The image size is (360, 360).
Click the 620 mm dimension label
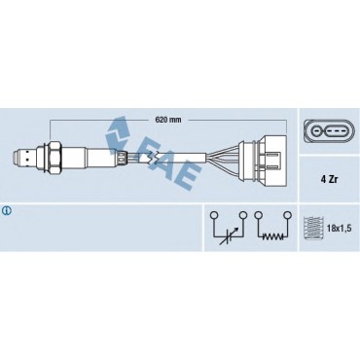[168, 120]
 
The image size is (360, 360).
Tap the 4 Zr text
[329, 179]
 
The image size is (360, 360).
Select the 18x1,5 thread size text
[339, 228]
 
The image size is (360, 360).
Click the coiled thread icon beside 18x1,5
[313, 228]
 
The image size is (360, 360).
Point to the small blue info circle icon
[7, 211]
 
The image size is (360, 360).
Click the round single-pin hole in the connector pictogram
[316, 131]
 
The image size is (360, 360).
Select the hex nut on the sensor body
[53, 157]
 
